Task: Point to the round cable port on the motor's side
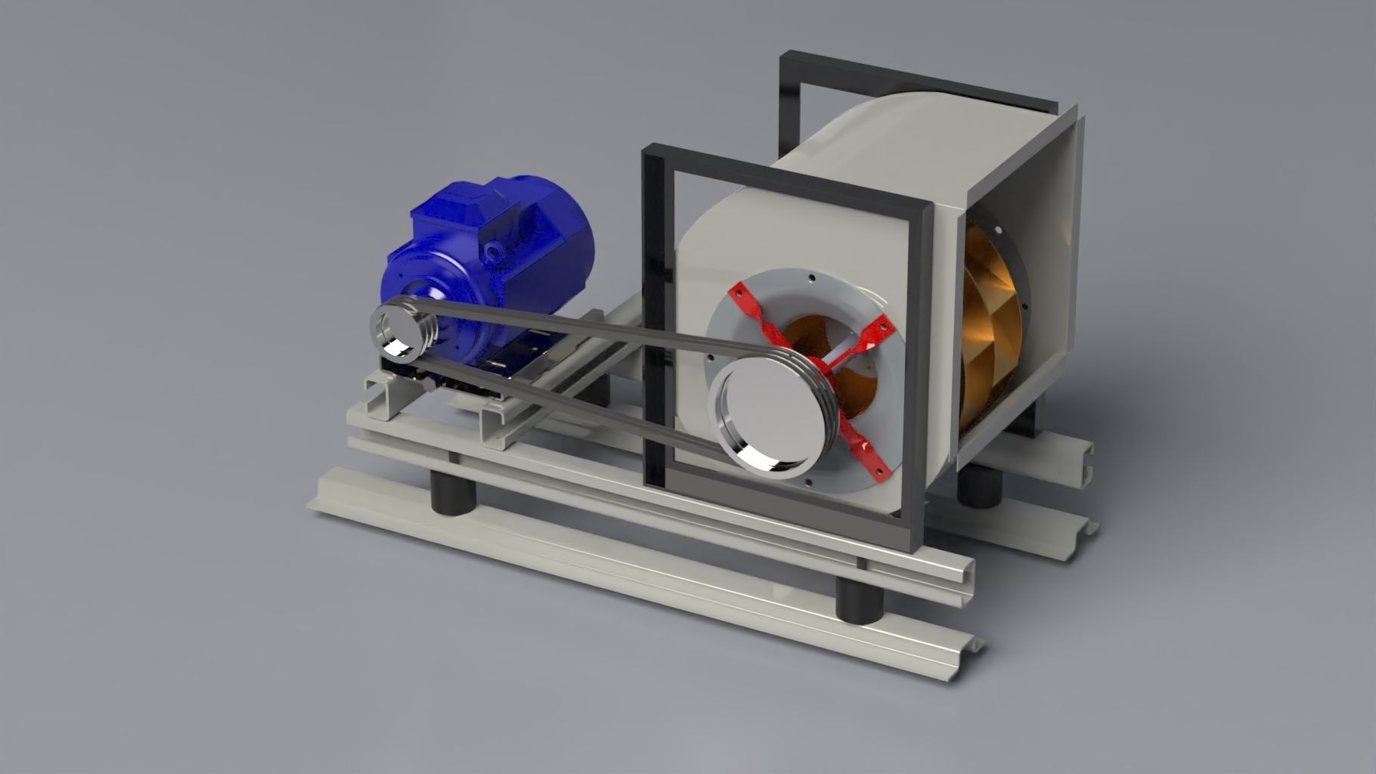tap(495, 249)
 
